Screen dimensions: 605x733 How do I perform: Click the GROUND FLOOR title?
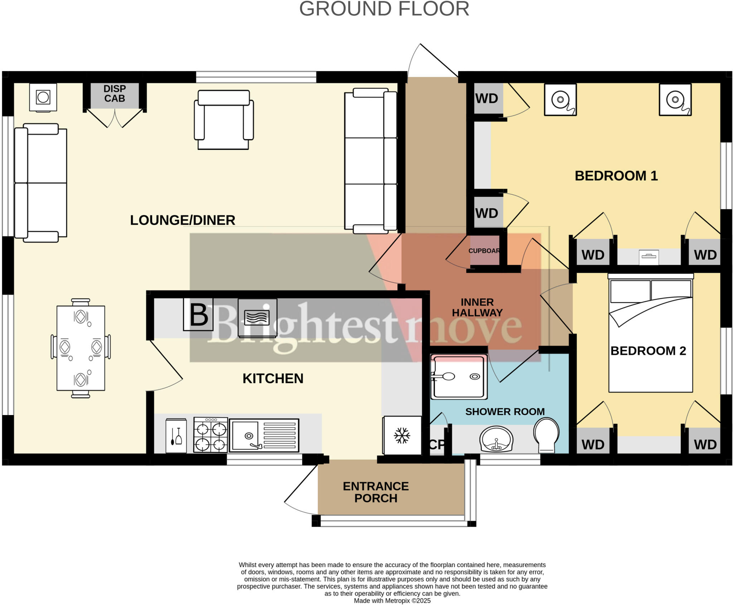click(x=384, y=9)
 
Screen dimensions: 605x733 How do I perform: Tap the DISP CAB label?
click(x=115, y=94)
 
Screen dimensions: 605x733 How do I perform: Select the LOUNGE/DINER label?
click(x=183, y=220)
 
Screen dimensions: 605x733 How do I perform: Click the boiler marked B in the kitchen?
click(x=198, y=314)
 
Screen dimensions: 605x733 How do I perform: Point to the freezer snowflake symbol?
click(x=402, y=435)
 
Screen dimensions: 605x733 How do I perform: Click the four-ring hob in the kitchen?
click(x=210, y=435)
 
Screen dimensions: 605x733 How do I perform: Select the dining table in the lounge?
click(x=81, y=348)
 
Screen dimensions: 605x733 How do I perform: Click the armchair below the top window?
click(x=224, y=120)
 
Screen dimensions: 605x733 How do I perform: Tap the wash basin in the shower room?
click(x=496, y=439)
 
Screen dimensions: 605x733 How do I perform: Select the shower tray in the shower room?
click(x=459, y=376)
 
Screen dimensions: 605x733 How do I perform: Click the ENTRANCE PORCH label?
click(x=375, y=492)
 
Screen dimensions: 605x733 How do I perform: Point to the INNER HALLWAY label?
click(x=477, y=307)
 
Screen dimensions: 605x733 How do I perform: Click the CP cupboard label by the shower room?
click(x=437, y=445)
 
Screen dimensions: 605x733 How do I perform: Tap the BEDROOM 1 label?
click(x=616, y=176)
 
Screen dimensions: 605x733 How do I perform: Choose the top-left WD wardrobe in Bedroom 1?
click(x=487, y=98)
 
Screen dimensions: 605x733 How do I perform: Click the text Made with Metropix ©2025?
click(x=392, y=601)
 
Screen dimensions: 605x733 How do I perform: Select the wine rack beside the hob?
click(x=176, y=436)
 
